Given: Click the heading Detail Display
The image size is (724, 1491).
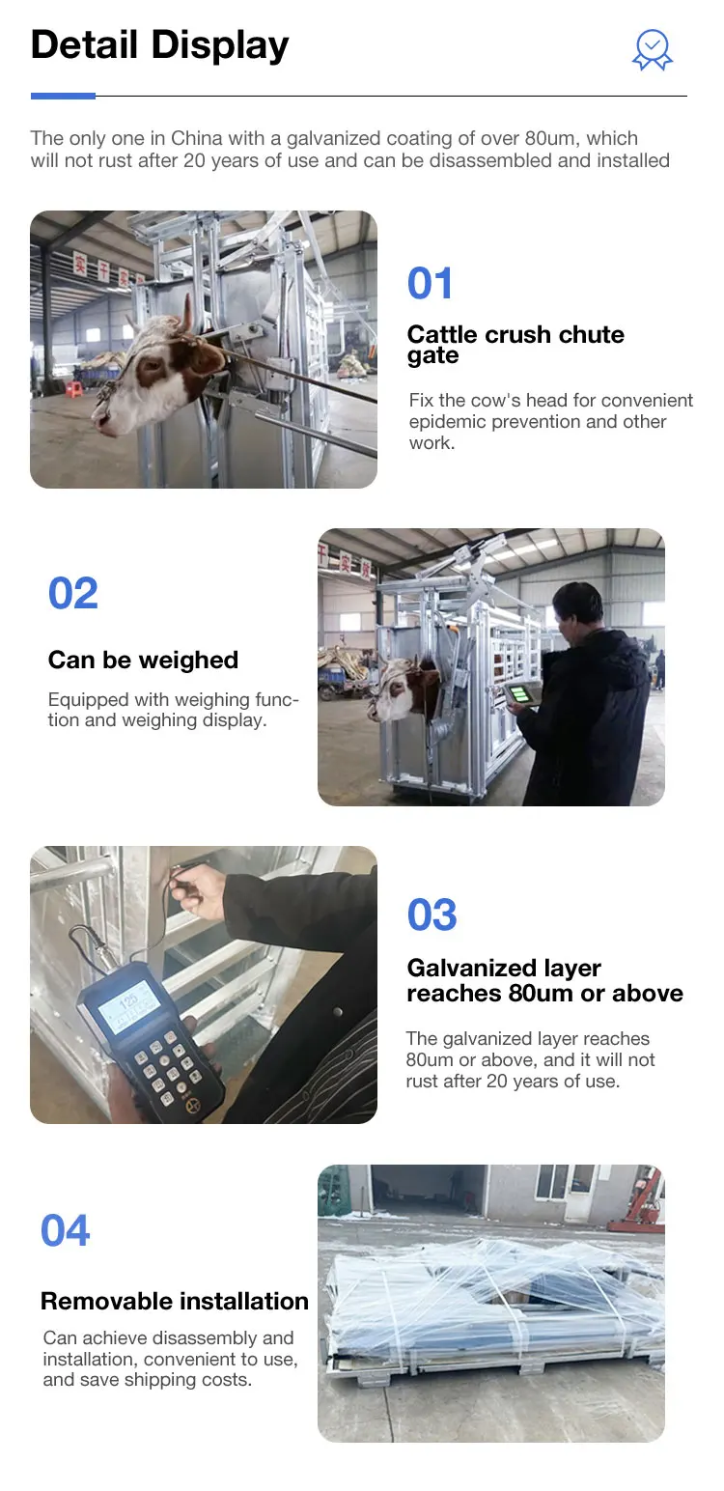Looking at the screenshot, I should (x=160, y=45).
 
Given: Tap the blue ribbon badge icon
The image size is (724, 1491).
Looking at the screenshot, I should (x=653, y=49).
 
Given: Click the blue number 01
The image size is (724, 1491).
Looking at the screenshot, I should (x=431, y=284).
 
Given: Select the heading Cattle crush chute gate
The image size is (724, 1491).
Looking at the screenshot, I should (x=515, y=344).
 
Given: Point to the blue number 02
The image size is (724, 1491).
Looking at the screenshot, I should (x=73, y=594).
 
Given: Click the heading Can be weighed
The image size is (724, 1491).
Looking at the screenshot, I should (x=143, y=660).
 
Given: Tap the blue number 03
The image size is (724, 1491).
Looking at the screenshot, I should (x=432, y=914).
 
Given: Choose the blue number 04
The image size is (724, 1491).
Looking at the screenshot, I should (x=66, y=1231).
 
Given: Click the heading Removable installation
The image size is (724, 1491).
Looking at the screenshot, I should (x=175, y=1301).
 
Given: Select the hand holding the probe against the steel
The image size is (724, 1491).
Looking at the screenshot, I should (x=198, y=889).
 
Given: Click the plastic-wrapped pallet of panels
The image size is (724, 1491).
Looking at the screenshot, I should (x=492, y=1304).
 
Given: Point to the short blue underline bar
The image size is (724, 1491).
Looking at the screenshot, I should (x=63, y=96).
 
